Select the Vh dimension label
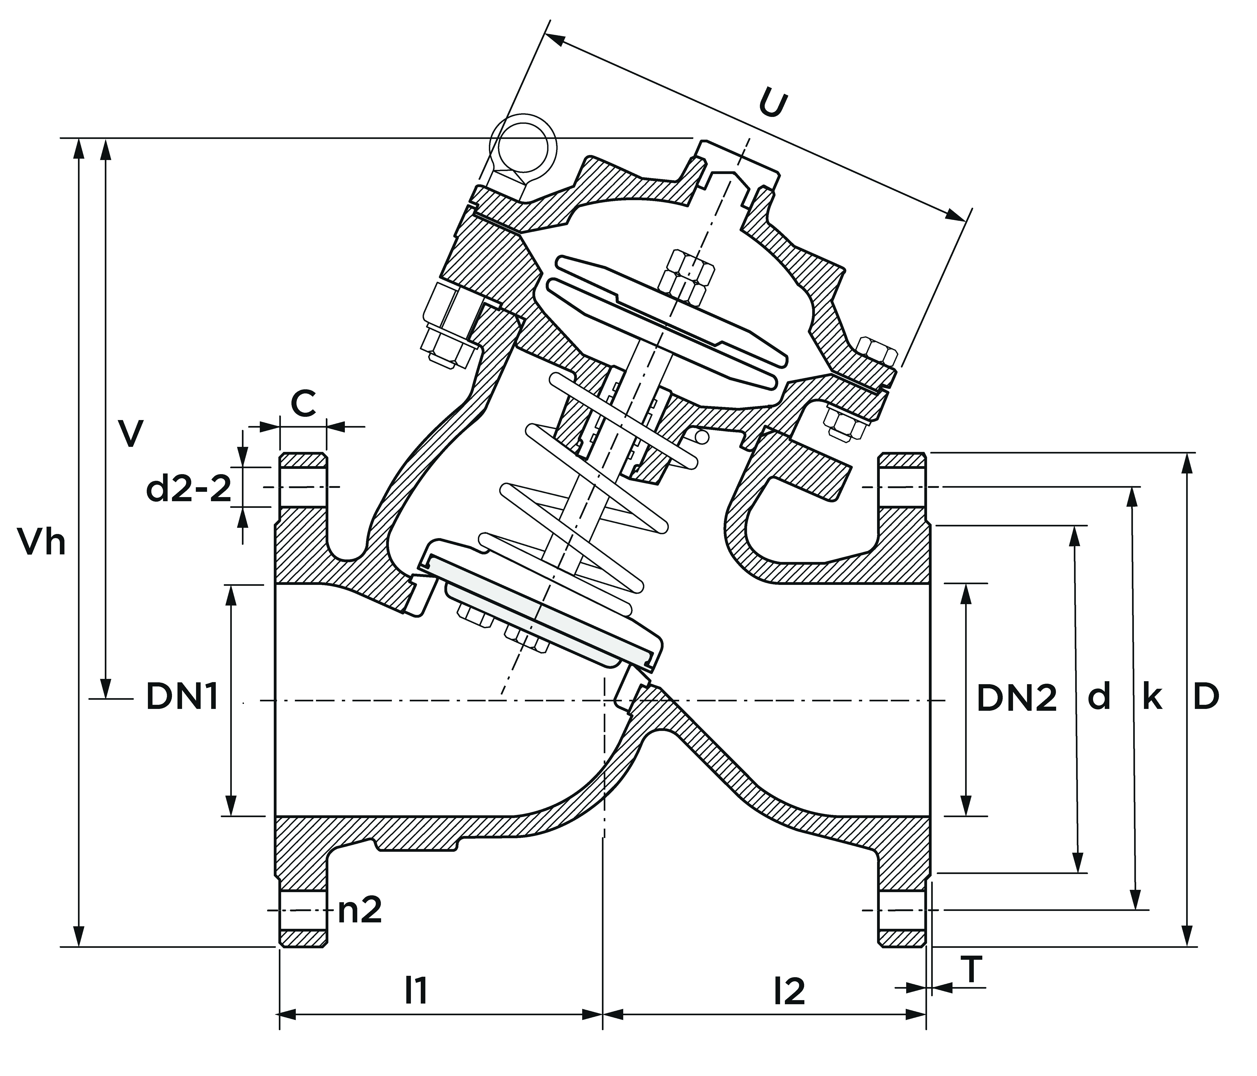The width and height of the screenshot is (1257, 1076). pos(41,542)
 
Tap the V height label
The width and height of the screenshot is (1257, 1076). pos(131,433)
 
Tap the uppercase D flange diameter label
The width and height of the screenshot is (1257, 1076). pos(1206,697)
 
